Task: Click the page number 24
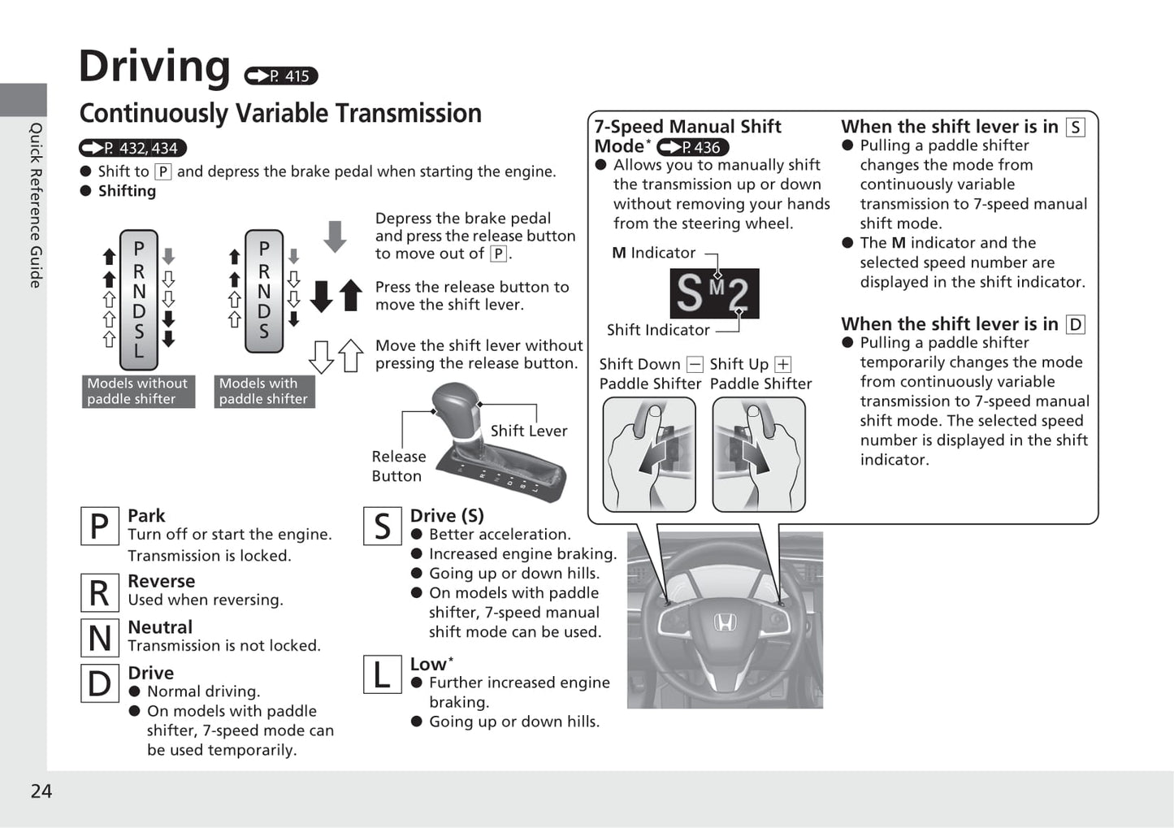[41, 791]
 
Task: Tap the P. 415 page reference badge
[281, 76]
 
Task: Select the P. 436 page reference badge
[692, 147]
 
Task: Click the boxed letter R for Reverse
[99, 592]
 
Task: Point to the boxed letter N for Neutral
[99, 638]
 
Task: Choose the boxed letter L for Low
[382, 674]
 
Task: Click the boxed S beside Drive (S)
[382, 527]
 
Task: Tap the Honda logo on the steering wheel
[725, 622]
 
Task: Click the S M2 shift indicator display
[714, 293]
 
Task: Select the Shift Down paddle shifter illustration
[649, 454]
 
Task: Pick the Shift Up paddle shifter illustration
[759, 454]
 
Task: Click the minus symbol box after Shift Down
[695, 365]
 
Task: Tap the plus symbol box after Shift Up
[782, 365]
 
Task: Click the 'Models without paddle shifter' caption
[137, 391]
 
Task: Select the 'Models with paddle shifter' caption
[263, 391]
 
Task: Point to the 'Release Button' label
[398, 466]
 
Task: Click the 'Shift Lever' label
[528, 431]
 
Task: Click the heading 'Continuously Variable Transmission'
[280, 113]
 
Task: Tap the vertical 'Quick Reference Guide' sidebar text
[36, 205]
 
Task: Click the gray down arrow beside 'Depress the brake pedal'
[335, 236]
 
